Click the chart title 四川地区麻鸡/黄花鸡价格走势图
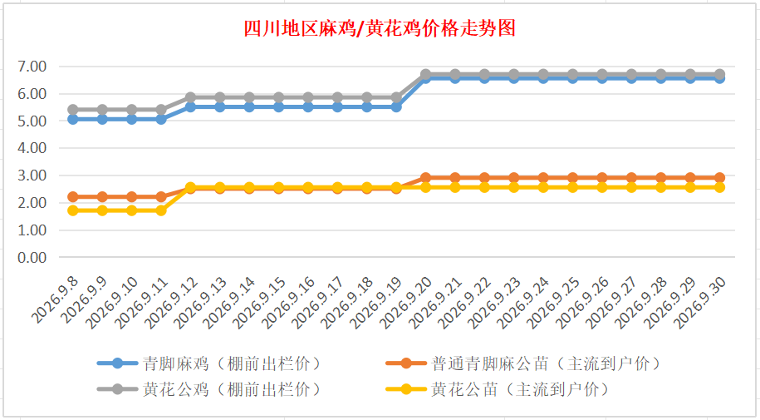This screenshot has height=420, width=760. click(380, 28)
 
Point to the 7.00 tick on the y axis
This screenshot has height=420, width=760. click(32, 67)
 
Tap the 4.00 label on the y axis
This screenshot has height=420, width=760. click(32, 148)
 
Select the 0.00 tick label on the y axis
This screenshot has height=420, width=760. click(32, 257)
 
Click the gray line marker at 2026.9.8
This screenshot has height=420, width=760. click(73, 109)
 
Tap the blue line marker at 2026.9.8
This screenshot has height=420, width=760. click(73, 119)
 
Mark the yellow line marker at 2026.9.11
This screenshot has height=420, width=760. click(161, 210)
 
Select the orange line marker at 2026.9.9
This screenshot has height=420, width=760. click(102, 196)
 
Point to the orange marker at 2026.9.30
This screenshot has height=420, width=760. click(720, 178)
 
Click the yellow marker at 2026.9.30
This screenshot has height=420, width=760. click(720, 187)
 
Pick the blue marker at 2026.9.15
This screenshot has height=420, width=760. click(279, 106)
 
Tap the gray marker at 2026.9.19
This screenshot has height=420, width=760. click(396, 97)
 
